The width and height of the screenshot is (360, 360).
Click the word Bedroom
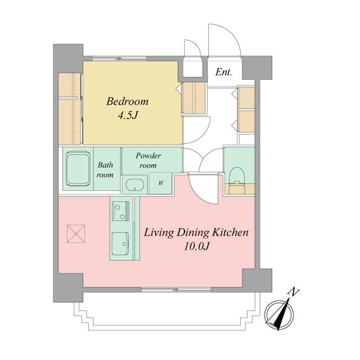(x=127, y=101)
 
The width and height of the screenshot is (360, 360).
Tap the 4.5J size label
(x=128, y=116)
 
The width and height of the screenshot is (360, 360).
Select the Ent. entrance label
(x=224, y=73)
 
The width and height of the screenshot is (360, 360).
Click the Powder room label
(x=148, y=160)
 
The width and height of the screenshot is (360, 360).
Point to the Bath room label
(x=105, y=170)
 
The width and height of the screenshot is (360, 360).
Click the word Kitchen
(x=230, y=232)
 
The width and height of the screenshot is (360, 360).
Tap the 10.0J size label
(x=196, y=247)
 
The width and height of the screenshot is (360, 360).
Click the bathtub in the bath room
(x=78, y=169)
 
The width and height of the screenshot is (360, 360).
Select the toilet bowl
(x=237, y=175)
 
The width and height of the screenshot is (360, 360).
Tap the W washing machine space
(x=160, y=183)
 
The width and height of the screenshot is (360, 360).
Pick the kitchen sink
(x=120, y=244)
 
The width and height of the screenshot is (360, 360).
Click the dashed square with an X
(x=76, y=234)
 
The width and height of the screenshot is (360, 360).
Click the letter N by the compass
(x=294, y=292)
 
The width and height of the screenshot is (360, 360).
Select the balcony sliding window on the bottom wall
(x=176, y=290)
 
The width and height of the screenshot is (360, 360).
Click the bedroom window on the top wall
(x=119, y=58)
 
